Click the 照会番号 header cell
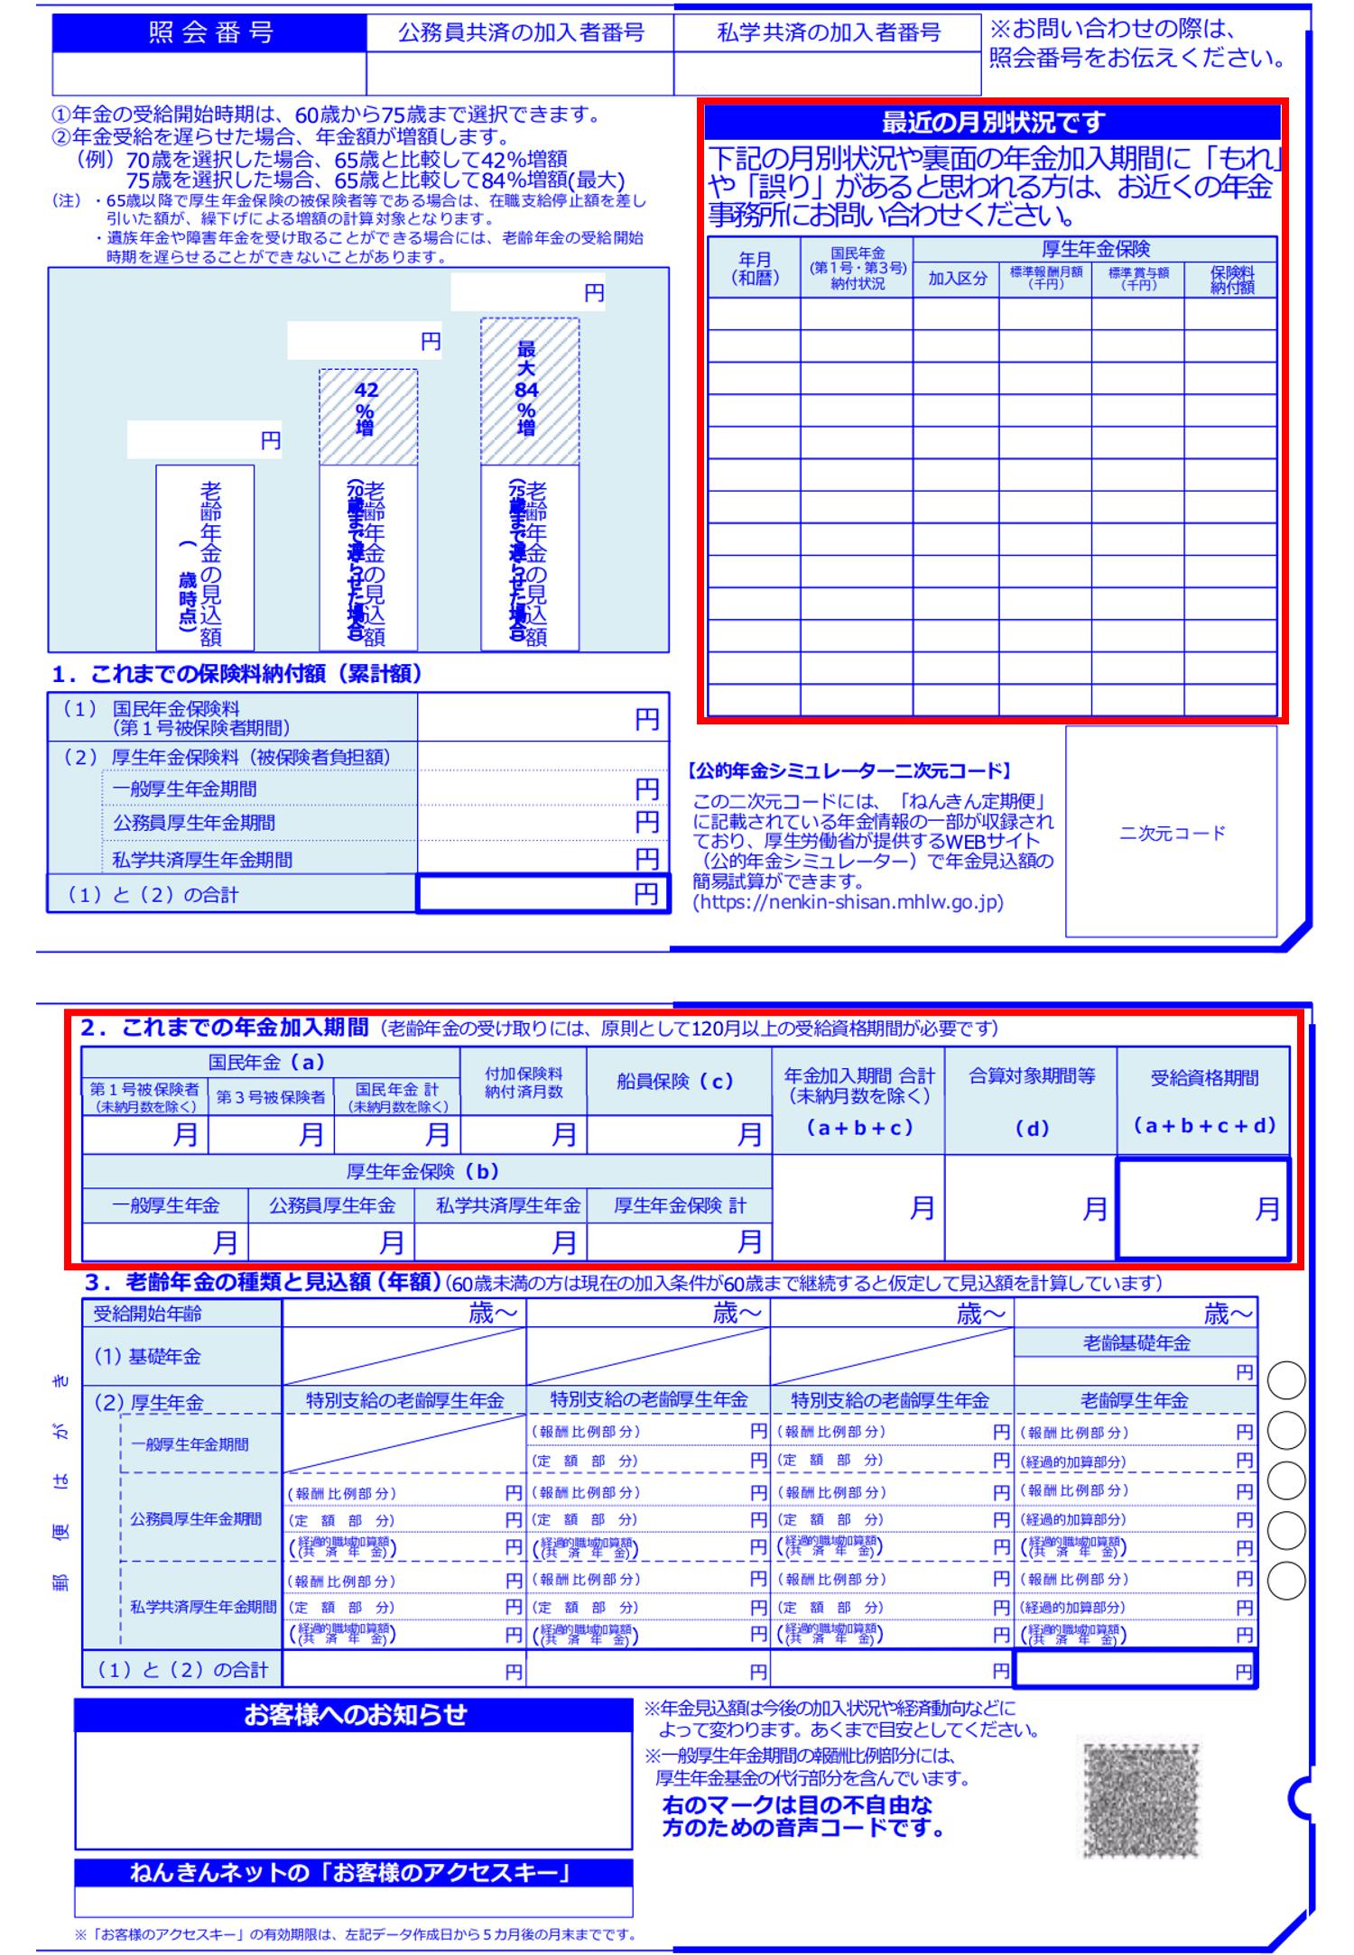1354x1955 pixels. (x=209, y=33)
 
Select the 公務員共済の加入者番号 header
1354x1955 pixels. (x=521, y=33)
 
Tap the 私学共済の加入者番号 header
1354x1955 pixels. (x=828, y=33)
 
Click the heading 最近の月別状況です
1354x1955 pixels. (x=992, y=122)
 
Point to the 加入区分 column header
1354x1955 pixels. (x=957, y=279)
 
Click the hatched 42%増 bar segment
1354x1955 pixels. (x=368, y=416)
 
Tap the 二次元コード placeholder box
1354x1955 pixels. (x=1172, y=832)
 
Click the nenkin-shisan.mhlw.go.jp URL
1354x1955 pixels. (x=849, y=902)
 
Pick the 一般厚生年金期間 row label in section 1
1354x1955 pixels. (x=185, y=789)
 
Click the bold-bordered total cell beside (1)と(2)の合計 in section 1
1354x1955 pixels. (x=543, y=893)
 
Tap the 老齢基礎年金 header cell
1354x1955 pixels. (x=1136, y=1342)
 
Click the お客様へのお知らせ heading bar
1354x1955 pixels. (x=354, y=1714)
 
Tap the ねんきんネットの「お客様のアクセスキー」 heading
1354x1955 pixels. (x=354, y=1873)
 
